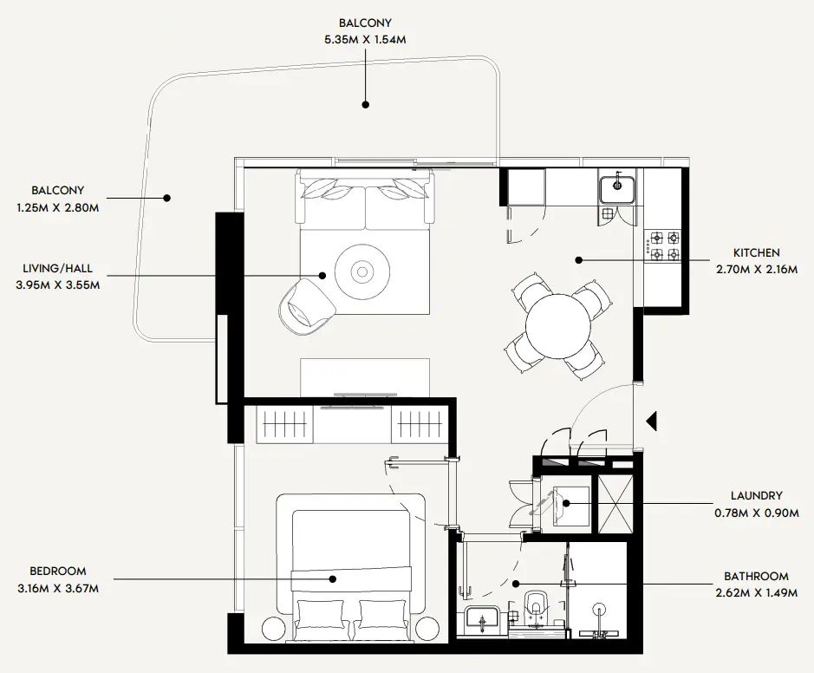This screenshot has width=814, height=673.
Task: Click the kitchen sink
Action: coord(617,187)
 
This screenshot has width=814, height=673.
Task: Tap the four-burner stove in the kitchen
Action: coord(664,245)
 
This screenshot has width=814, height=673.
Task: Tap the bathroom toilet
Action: coord(536,611)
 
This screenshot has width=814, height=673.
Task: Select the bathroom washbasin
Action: coord(479,621)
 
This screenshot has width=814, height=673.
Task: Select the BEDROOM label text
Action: coord(58,572)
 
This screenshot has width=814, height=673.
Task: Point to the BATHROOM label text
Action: coord(756,576)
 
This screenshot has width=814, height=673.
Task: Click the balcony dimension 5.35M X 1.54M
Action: coord(365,38)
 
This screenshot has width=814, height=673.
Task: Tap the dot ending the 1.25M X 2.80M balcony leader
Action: coord(167,198)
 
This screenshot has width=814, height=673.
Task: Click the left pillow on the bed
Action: coord(321,615)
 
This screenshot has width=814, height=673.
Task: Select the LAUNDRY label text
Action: coord(756,496)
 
